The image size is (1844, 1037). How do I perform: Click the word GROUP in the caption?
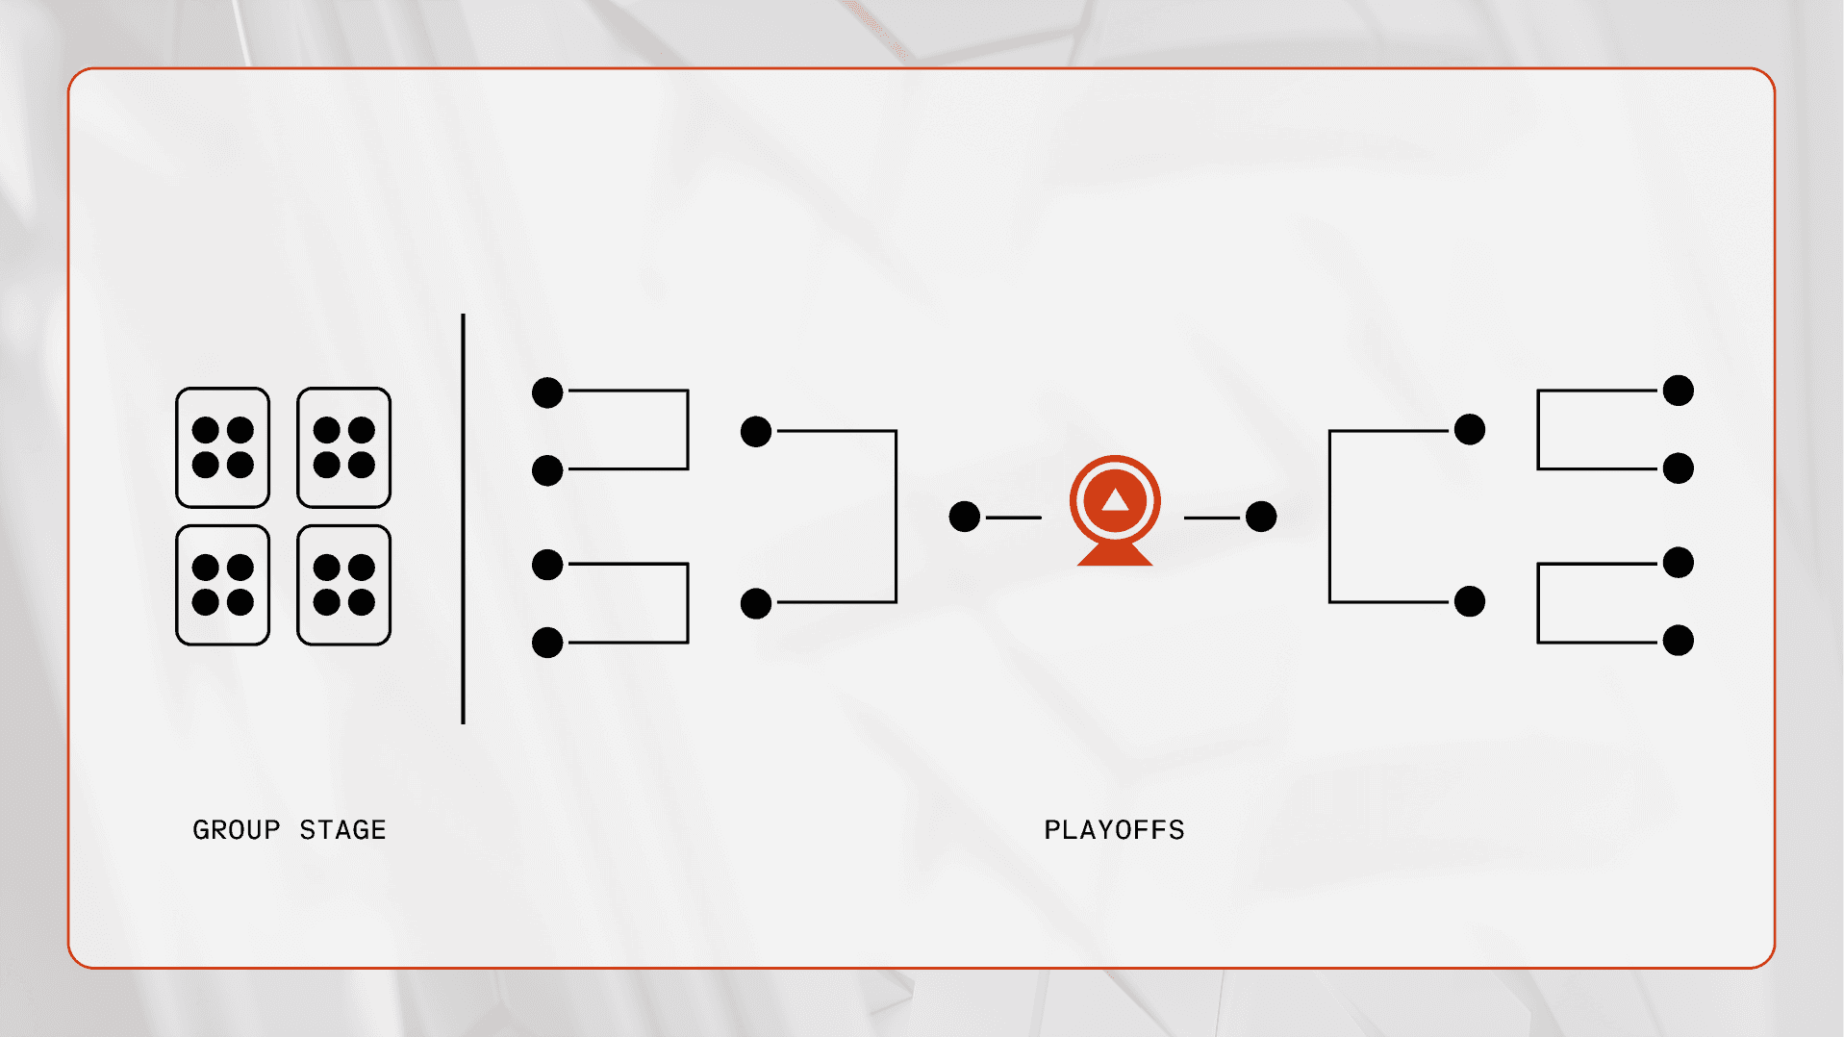click(x=236, y=829)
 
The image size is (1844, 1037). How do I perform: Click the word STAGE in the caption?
click(x=342, y=829)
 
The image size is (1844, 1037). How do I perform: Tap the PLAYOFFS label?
click(x=1114, y=829)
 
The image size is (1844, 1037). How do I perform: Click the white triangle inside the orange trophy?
click(x=1115, y=500)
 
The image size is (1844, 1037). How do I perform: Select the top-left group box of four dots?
click(x=222, y=447)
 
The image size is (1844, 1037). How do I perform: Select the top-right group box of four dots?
click(x=343, y=447)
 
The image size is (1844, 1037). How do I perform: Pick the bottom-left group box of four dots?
click(x=222, y=585)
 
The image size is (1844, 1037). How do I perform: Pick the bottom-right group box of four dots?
click(x=343, y=585)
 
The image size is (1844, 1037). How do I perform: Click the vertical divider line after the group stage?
click(x=463, y=519)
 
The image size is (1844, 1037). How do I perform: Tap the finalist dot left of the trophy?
click(x=964, y=517)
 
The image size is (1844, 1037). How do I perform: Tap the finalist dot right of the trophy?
click(x=1260, y=517)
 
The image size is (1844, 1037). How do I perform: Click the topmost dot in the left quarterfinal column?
click(x=547, y=392)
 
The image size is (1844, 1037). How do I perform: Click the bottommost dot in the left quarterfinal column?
click(x=547, y=642)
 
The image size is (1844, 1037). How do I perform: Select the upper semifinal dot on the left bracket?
click(x=756, y=431)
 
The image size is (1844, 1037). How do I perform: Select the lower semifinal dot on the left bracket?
click(x=756, y=603)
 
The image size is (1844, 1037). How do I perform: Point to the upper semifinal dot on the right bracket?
click(x=1469, y=429)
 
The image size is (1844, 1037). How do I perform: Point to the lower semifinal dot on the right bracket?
click(x=1469, y=601)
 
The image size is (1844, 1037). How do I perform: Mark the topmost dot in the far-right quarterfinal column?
click(x=1678, y=391)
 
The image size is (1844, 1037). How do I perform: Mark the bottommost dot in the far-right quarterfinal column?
click(x=1678, y=640)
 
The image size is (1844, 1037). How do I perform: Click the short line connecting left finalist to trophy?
click(x=1013, y=518)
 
